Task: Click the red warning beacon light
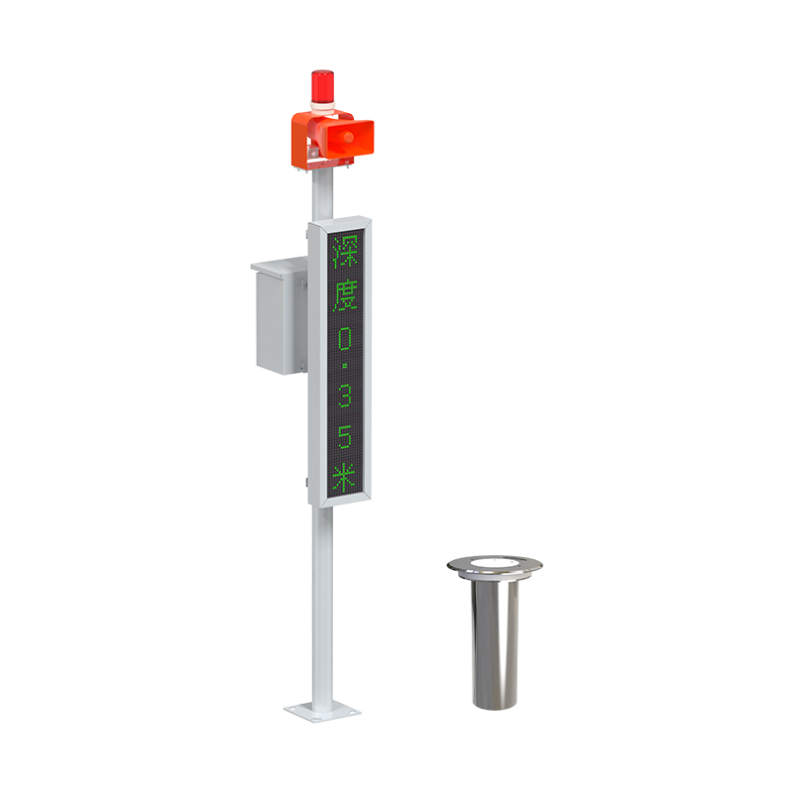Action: pyautogui.click(x=322, y=86)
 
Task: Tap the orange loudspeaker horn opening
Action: pyautogui.click(x=349, y=137)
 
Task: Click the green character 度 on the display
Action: pyautogui.click(x=345, y=294)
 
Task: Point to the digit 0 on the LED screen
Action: pyautogui.click(x=345, y=339)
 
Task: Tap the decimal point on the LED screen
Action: pyautogui.click(x=345, y=365)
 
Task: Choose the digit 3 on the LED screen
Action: pyautogui.click(x=345, y=394)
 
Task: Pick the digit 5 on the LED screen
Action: pyautogui.click(x=345, y=436)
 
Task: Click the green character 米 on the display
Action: pyautogui.click(x=345, y=478)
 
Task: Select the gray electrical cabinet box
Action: pyautogui.click(x=280, y=316)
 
